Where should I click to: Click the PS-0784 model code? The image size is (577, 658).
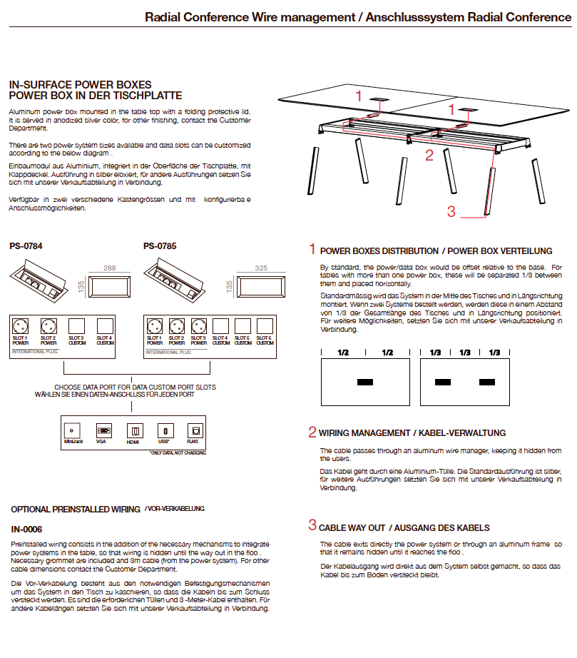(x=26, y=246)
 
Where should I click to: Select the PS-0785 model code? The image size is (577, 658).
(x=160, y=246)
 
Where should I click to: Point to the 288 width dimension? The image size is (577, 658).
(x=110, y=268)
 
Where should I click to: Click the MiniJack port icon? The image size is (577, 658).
(x=71, y=430)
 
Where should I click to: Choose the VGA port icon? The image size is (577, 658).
(x=103, y=430)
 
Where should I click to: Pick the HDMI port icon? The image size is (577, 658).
(x=133, y=430)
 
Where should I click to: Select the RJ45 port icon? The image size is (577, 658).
(x=193, y=430)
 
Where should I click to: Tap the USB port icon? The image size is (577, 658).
(x=164, y=430)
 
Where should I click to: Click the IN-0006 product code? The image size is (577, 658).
(x=26, y=530)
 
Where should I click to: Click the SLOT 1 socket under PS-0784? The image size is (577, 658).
(x=21, y=327)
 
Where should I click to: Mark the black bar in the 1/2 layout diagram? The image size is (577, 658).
(x=365, y=383)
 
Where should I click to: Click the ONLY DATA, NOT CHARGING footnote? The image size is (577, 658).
(x=177, y=452)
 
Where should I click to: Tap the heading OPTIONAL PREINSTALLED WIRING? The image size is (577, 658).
(x=76, y=510)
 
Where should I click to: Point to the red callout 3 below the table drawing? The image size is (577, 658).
(x=451, y=211)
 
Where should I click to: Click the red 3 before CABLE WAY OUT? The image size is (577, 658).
(x=312, y=526)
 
